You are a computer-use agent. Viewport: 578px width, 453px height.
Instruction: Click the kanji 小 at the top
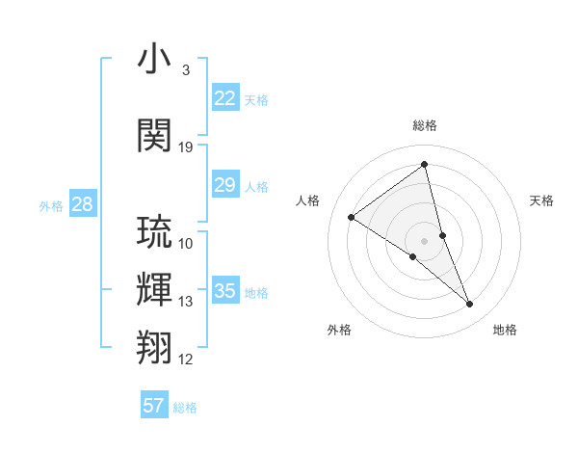pyautogui.click(x=154, y=61)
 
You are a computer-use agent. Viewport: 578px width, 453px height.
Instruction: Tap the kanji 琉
pyautogui.click(x=154, y=232)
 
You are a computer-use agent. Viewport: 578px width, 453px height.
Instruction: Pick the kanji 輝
pyautogui.click(x=154, y=288)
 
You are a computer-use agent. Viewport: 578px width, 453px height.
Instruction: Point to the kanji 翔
pyautogui.click(x=154, y=346)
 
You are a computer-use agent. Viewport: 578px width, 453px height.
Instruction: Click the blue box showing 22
pyautogui.click(x=225, y=98)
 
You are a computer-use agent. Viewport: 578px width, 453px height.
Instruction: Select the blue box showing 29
pyautogui.click(x=225, y=186)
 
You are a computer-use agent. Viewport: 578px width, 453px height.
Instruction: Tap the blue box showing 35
pyautogui.click(x=225, y=291)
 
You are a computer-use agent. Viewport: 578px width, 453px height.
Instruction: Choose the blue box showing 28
pyautogui.click(x=82, y=204)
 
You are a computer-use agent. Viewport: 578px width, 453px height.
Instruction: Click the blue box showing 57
pyautogui.click(x=154, y=406)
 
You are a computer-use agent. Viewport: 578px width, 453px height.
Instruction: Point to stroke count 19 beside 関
pyautogui.click(x=186, y=147)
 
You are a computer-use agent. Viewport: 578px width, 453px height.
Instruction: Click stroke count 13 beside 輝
pyautogui.click(x=186, y=302)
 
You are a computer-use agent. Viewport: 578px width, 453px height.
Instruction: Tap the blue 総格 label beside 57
pyautogui.click(x=185, y=408)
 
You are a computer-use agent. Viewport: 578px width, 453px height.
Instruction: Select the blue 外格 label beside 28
pyautogui.click(x=51, y=205)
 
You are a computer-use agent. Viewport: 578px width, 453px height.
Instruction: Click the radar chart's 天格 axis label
pyautogui.click(x=542, y=200)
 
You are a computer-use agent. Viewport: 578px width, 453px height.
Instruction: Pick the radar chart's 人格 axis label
pyautogui.click(x=307, y=200)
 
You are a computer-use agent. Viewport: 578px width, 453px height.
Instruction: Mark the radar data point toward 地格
pyautogui.click(x=470, y=305)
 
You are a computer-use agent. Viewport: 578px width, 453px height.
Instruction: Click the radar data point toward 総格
pyautogui.click(x=424, y=165)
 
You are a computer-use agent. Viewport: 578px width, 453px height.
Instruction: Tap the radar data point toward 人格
pyautogui.click(x=352, y=217)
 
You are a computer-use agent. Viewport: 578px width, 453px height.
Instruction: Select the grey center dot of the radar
pyautogui.click(x=424, y=241)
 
